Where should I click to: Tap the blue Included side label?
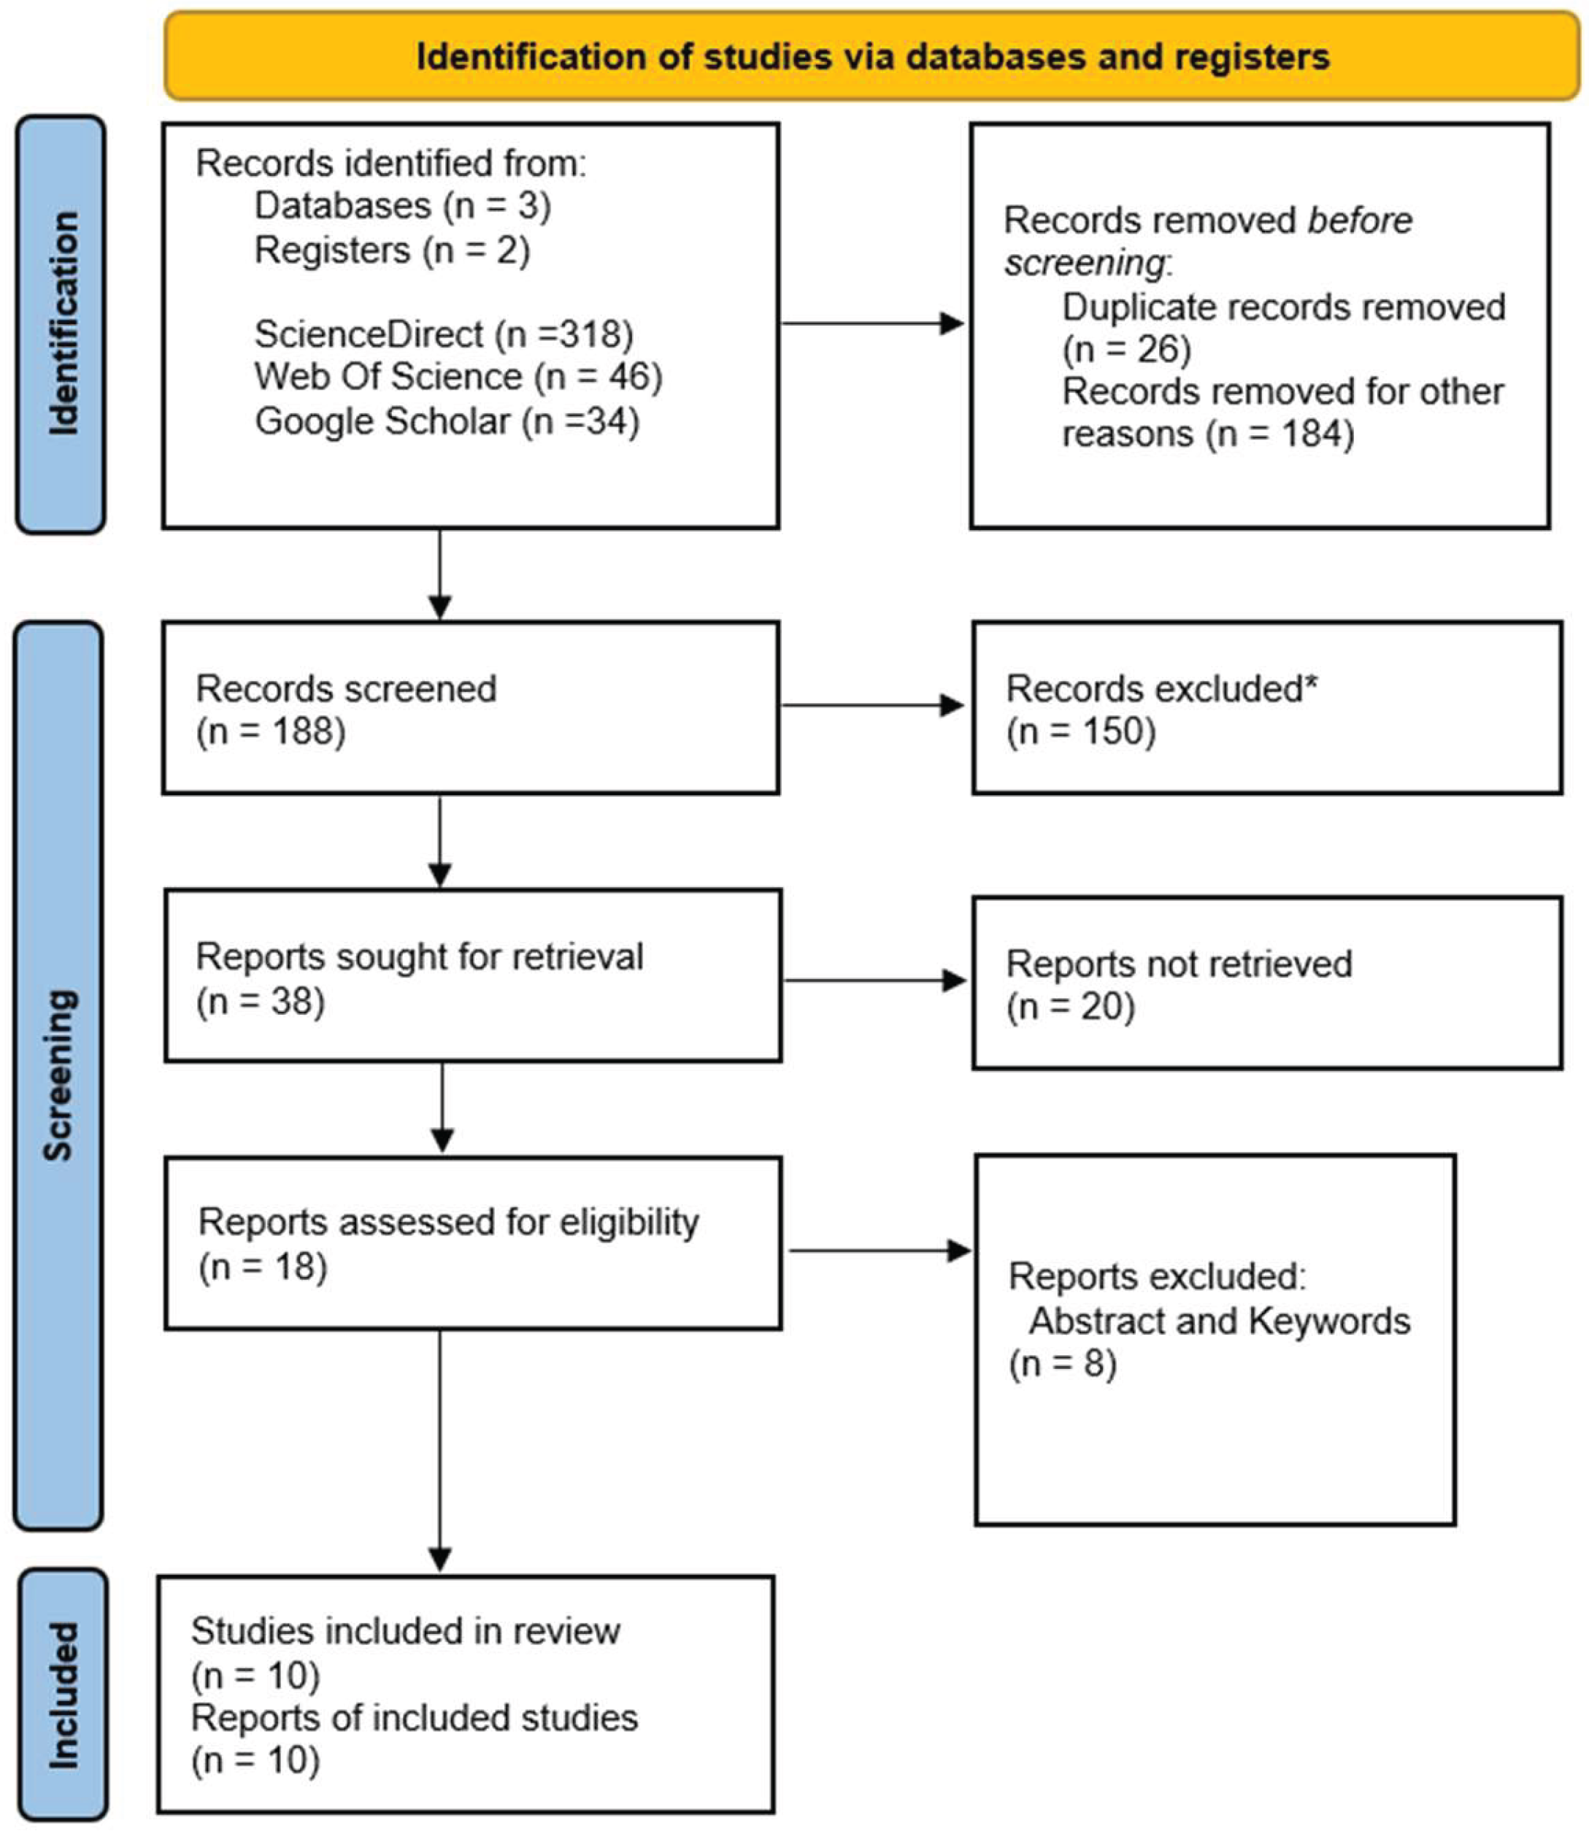[63, 1695]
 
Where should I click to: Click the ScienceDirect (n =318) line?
[443, 334]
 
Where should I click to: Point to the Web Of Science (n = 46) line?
[458, 377]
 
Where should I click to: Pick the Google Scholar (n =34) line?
[447, 421]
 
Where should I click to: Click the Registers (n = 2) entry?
[392, 250]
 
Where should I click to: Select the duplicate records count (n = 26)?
[1126, 350]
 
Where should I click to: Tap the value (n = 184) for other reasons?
[1280, 434]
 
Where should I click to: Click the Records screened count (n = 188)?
[271, 732]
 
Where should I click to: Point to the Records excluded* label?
[1161, 689]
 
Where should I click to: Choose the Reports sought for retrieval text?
[420, 957]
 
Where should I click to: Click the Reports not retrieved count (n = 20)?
[1070, 1007]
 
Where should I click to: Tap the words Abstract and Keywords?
[1219, 1321]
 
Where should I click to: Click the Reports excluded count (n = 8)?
[1062, 1363]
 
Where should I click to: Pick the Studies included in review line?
[405, 1631]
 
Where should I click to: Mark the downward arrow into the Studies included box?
[440, 1454]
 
